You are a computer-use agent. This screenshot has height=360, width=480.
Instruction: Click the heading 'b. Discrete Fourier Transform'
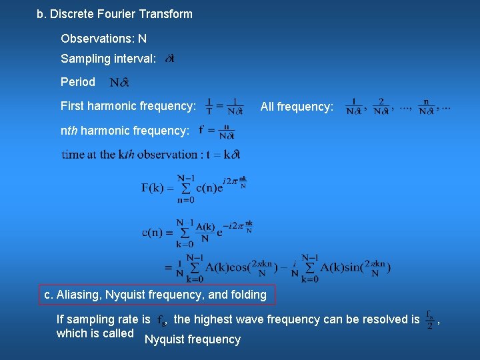coord(114,14)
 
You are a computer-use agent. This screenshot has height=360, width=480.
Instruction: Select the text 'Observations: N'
coord(103,39)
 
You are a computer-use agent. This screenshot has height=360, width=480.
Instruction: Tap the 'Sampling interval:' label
coord(109,59)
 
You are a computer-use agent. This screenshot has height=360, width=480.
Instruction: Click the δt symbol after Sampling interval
coord(169,59)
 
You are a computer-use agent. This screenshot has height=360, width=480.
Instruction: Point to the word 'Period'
coord(78,82)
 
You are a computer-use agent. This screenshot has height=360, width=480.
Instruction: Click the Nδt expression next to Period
coord(119,83)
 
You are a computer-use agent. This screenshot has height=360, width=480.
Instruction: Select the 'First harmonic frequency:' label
coord(128,106)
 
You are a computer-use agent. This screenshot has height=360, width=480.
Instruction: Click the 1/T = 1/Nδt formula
coord(225,106)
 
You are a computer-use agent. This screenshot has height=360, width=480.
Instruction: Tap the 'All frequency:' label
coord(297,106)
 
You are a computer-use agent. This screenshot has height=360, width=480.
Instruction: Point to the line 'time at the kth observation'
coord(151,154)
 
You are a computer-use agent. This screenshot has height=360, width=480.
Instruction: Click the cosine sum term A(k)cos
coord(227,268)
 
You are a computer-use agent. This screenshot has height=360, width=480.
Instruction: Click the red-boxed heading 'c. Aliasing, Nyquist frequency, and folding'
coord(155,295)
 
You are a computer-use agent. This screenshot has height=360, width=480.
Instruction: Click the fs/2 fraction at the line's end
coord(429,319)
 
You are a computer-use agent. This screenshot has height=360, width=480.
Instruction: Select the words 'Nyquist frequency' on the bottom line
coord(193,339)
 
